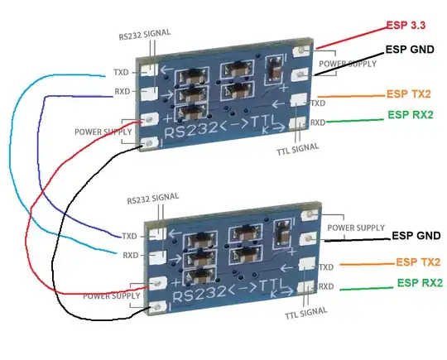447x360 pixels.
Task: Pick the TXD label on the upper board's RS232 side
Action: tap(122, 72)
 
